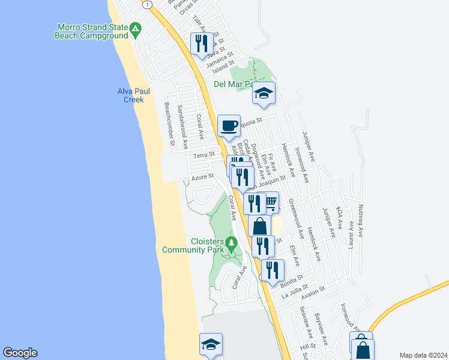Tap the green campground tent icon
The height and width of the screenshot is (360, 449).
137,28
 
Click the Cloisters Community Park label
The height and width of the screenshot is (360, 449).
193,245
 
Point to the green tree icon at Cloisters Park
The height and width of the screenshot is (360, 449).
231,243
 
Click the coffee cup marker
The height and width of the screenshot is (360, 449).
229,126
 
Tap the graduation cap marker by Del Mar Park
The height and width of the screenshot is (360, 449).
264,93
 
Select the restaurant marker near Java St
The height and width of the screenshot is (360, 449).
200,43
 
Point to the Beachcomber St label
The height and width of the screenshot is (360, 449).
169,124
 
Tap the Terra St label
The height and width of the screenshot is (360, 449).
204,155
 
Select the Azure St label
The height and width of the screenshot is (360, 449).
203,177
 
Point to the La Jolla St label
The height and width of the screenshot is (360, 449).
295,292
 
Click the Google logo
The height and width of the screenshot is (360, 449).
20,353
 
